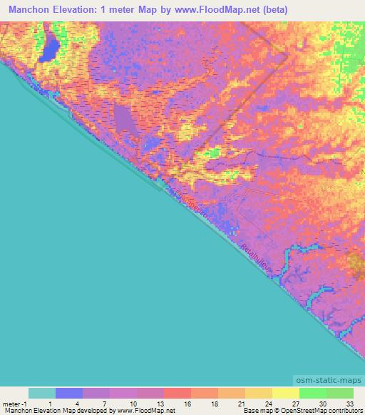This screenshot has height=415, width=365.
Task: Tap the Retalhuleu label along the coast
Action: point(255,257)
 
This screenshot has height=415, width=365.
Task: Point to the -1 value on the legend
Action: point(26,404)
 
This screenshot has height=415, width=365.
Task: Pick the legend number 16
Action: point(187,404)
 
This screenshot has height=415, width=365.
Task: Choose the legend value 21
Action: point(242,404)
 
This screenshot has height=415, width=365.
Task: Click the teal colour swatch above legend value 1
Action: point(41,393)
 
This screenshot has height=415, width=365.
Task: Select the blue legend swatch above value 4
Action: point(68,393)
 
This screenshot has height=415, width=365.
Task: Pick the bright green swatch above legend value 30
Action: point(312,393)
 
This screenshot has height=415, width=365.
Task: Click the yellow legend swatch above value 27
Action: point(285,393)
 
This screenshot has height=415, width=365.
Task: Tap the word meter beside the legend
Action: point(11,404)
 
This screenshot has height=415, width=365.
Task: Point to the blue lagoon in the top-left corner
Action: point(51,48)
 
